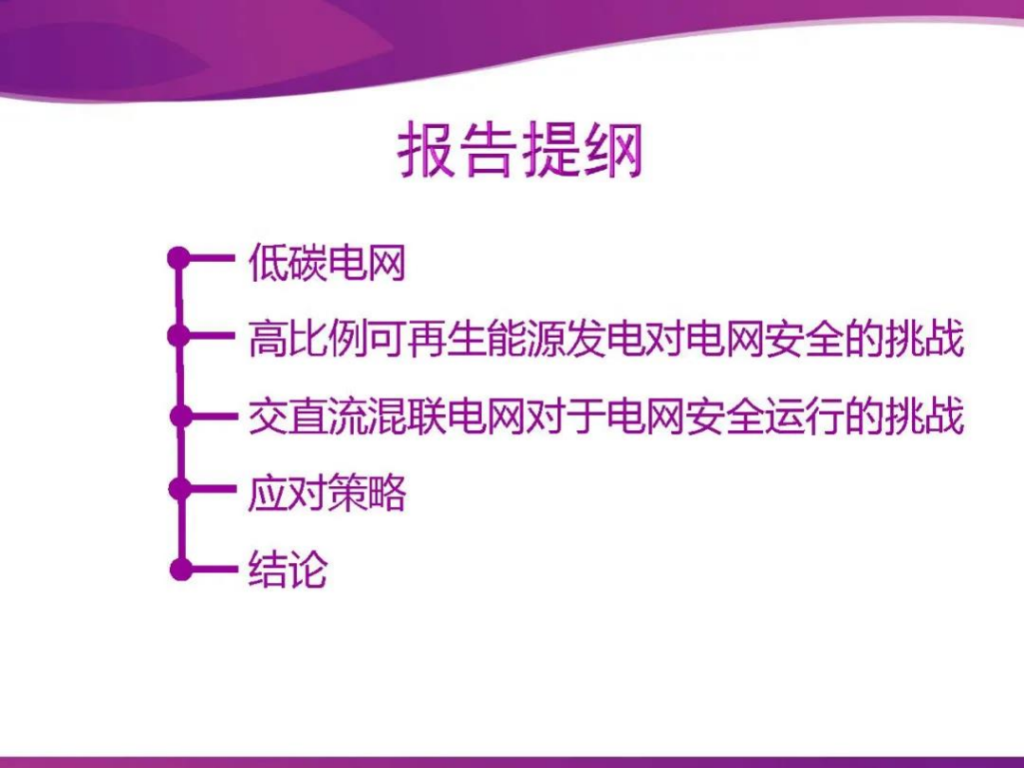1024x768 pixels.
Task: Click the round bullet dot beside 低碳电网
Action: [x=178, y=257]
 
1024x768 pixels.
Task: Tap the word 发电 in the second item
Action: [x=606, y=339]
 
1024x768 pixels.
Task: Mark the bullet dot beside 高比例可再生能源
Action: [x=178, y=335]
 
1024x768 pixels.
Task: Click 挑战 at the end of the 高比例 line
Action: [x=924, y=339]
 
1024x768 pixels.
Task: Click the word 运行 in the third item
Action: [x=806, y=418]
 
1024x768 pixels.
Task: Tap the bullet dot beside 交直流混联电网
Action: [x=178, y=415]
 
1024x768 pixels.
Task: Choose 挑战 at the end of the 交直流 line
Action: [x=924, y=418]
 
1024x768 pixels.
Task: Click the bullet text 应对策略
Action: [x=326, y=495]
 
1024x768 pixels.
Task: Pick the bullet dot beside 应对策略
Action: [x=178, y=490]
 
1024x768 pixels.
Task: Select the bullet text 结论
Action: [x=288, y=570]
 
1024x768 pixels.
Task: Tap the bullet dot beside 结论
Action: [x=178, y=570]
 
